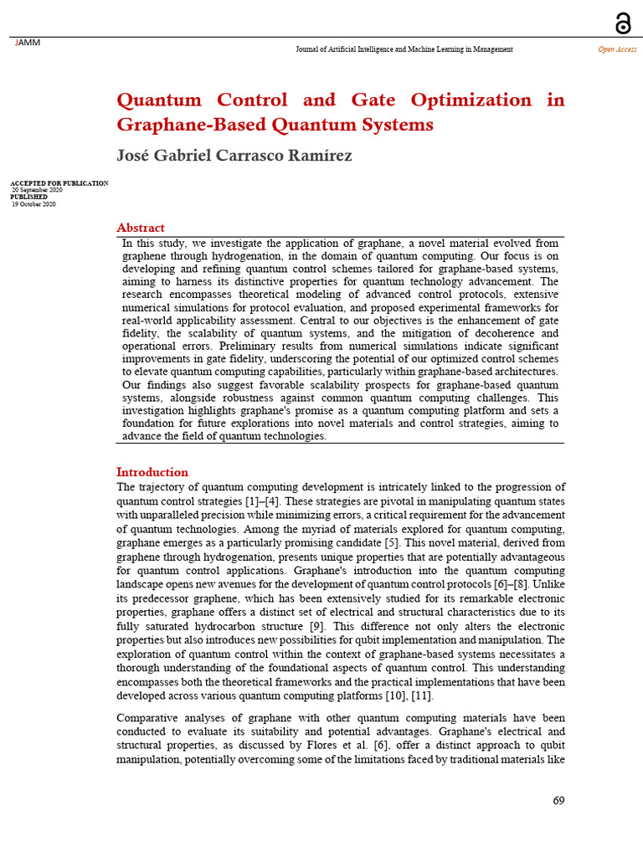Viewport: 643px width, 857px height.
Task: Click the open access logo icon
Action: pyautogui.click(x=623, y=23)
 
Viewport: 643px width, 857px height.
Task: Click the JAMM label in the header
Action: pyautogui.click(x=28, y=43)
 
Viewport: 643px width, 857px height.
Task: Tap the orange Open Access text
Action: pyautogui.click(x=617, y=49)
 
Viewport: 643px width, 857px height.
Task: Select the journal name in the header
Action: pyautogui.click(x=404, y=49)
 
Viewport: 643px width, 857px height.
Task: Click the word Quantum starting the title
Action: pyautogui.click(x=159, y=100)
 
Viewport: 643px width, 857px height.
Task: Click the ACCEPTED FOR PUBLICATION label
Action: pyautogui.click(x=59, y=183)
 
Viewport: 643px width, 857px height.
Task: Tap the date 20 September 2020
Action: pyautogui.click(x=37, y=190)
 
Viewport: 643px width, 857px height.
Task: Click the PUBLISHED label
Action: pyautogui.click(x=28, y=197)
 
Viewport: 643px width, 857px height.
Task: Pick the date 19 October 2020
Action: pyautogui.click(x=33, y=204)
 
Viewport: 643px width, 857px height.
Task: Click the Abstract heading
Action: pyautogui.click(x=140, y=228)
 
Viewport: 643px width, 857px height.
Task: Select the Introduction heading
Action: pyautogui.click(x=152, y=472)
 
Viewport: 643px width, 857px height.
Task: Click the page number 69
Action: pyautogui.click(x=558, y=801)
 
